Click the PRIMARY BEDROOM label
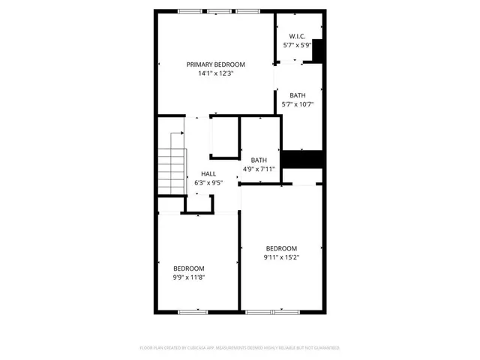216,64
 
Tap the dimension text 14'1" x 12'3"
216,73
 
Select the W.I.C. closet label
298,36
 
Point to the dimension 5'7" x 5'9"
298,45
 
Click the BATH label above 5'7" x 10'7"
298,95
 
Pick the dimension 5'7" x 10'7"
298,104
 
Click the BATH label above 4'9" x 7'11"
259,160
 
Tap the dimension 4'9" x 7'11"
259,169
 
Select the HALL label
208,174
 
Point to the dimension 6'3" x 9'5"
208,183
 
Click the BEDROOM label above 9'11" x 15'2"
281,248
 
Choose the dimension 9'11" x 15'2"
281,257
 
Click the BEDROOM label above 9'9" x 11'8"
189,268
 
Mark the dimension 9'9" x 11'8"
189,277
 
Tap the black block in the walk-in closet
317,49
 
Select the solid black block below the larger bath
301,160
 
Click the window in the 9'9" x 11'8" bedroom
193,311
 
